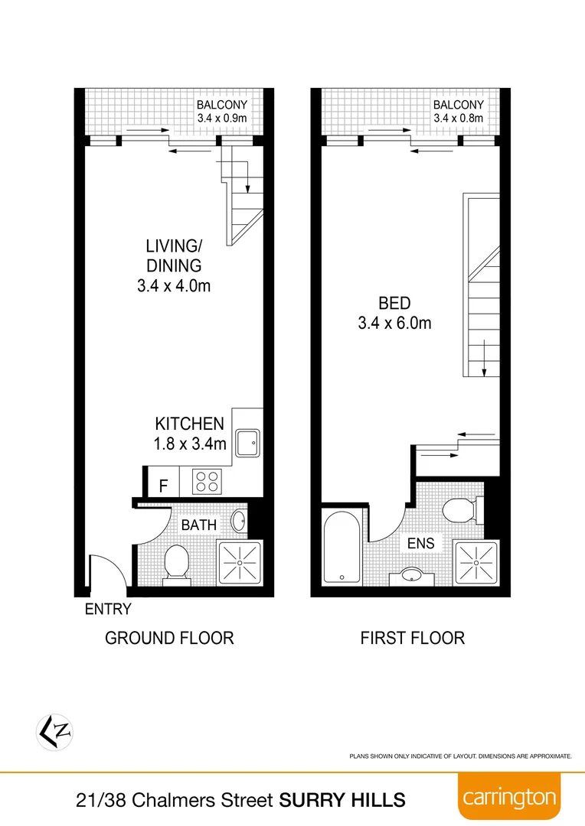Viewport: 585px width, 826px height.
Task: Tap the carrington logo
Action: click(x=509, y=798)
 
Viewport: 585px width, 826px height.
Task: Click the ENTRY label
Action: click(x=108, y=610)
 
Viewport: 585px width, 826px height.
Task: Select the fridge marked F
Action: click(x=162, y=485)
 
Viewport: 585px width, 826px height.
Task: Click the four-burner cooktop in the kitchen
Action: click(x=206, y=481)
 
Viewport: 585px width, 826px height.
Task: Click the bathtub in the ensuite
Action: click(x=339, y=548)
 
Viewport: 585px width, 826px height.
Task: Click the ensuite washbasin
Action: click(x=412, y=575)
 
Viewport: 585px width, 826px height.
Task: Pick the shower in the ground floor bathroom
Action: click(x=240, y=563)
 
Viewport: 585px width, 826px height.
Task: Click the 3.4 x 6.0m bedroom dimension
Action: click(x=394, y=323)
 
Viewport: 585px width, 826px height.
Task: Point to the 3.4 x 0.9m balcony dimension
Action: click(x=222, y=118)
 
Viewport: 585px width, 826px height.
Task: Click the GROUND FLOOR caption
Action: click(x=169, y=638)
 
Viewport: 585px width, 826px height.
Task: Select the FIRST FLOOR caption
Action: click(x=413, y=638)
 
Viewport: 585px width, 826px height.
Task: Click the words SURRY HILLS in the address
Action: click(x=342, y=800)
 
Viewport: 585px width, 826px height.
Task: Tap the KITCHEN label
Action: click(x=189, y=424)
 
